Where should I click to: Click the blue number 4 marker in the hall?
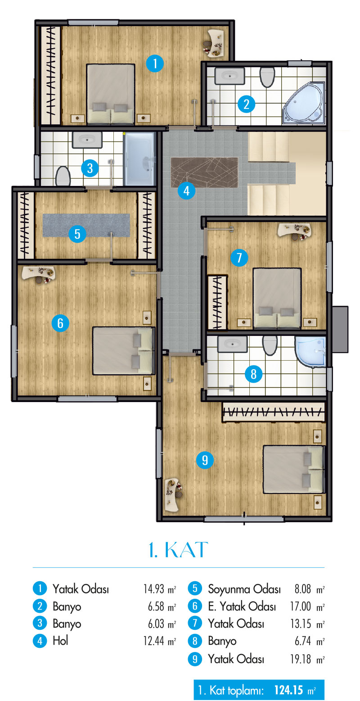click(x=186, y=190)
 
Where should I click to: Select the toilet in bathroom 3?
click(x=63, y=176)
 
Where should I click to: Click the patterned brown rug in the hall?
click(x=204, y=172)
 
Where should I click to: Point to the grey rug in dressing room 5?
click(x=86, y=225)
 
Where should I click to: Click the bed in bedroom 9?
click(x=293, y=470)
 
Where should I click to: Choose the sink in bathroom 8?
click(x=232, y=344)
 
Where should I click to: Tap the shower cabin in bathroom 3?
click(x=139, y=159)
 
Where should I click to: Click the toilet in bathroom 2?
click(x=267, y=77)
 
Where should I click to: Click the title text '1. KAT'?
click(x=178, y=550)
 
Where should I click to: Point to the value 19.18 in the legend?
click(x=301, y=659)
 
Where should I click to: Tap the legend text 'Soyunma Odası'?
click(x=244, y=589)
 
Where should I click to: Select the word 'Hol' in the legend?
click(x=60, y=641)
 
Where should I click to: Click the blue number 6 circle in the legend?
click(x=195, y=606)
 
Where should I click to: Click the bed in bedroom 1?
click(x=111, y=94)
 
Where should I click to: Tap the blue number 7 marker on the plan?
click(x=239, y=258)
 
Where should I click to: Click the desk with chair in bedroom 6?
click(x=39, y=275)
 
